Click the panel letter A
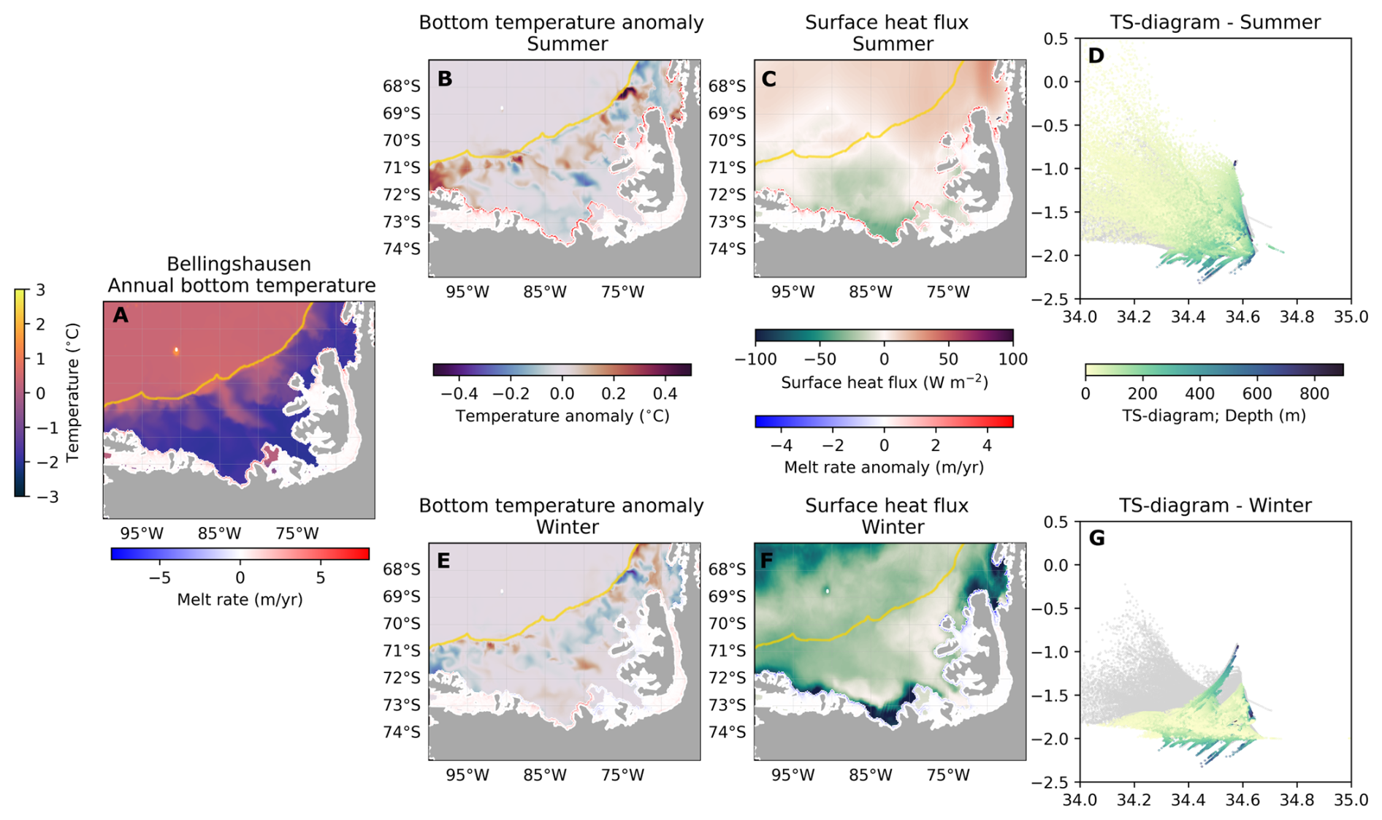pyautogui.click(x=121, y=316)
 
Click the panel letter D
pyautogui.click(x=1096, y=56)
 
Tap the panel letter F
pyautogui.click(x=768, y=561)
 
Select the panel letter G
pyautogui.click(x=1096, y=539)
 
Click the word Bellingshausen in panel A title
pyautogui.click(x=239, y=264)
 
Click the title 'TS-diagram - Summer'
pyautogui.click(x=1215, y=23)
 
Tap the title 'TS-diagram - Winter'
pyautogui.click(x=1215, y=506)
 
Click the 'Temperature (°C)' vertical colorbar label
pyautogui.click(x=72, y=393)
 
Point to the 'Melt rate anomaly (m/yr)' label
pyautogui.click(x=883, y=467)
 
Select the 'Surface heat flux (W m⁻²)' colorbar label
pyautogui.click(x=884, y=382)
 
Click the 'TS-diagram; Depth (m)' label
pyautogui.click(x=1213, y=416)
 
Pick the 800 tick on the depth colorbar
pyautogui.click(x=1314, y=394)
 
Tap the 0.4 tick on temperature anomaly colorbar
pyautogui.click(x=665, y=394)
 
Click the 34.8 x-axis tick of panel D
pyautogui.click(x=1297, y=317)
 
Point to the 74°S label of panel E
pyautogui.click(x=402, y=732)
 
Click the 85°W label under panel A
pyautogui.click(x=219, y=534)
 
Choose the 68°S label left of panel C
pyautogui.click(x=728, y=86)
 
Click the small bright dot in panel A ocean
pyautogui.click(x=176, y=351)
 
